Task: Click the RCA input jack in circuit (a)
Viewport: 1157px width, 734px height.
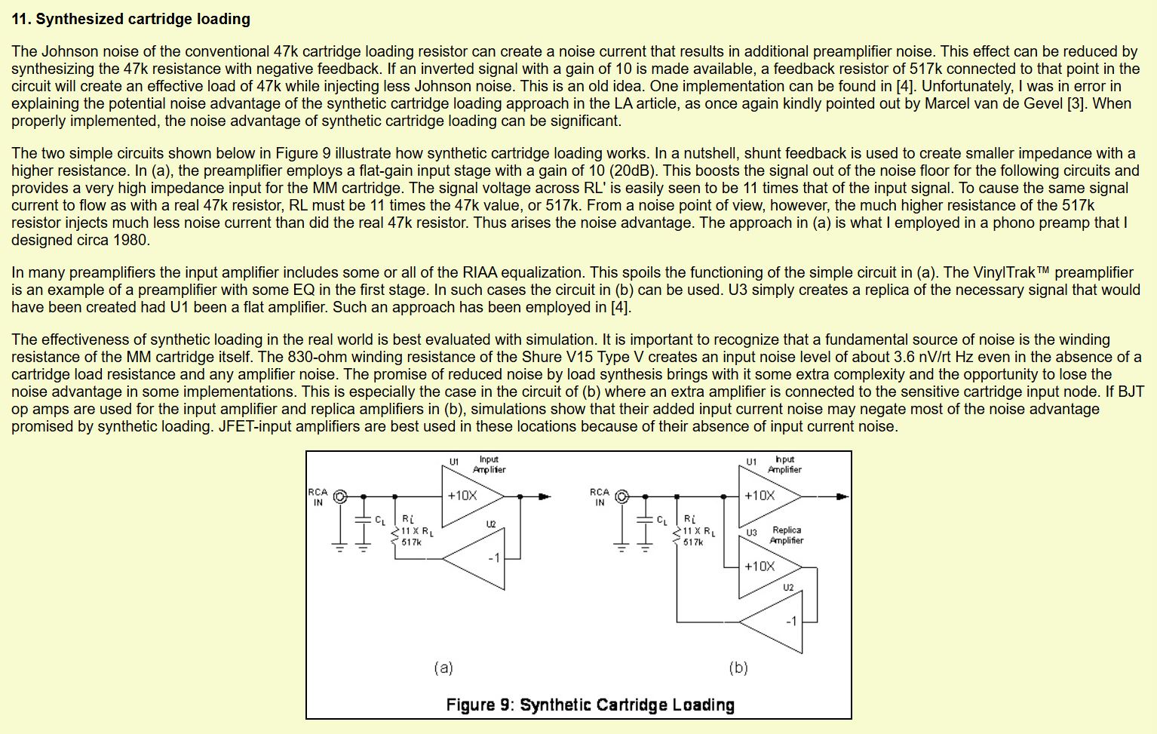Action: coord(340,496)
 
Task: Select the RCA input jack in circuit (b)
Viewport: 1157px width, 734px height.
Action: coord(621,496)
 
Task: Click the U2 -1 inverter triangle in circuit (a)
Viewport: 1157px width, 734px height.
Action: coord(477,559)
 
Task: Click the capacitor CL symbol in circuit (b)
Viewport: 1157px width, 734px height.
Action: coord(645,521)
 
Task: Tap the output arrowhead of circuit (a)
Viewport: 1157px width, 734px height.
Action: coord(545,496)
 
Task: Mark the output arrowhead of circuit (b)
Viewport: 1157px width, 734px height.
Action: coord(842,496)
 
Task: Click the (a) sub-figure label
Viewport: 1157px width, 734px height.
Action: coord(443,668)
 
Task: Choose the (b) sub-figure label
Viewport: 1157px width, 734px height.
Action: coord(738,668)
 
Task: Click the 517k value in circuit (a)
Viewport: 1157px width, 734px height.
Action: coord(412,542)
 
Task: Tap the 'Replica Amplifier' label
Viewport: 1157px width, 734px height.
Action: coord(786,536)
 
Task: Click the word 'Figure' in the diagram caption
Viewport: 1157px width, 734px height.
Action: coord(470,705)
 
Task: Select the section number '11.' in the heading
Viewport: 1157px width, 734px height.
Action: coord(21,19)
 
